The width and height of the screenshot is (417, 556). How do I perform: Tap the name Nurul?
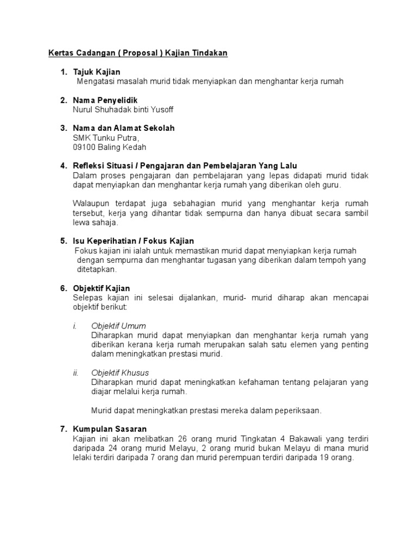[x=83, y=110]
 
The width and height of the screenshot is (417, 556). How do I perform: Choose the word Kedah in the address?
[x=134, y=147]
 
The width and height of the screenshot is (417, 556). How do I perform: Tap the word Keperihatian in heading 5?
[x=117, y=241]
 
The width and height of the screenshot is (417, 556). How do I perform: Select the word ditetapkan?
[x=97, y=269]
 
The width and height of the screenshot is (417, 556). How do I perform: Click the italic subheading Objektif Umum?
[x=118, y=326]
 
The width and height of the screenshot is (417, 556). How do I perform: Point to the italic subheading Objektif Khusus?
[x=120, y=372]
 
